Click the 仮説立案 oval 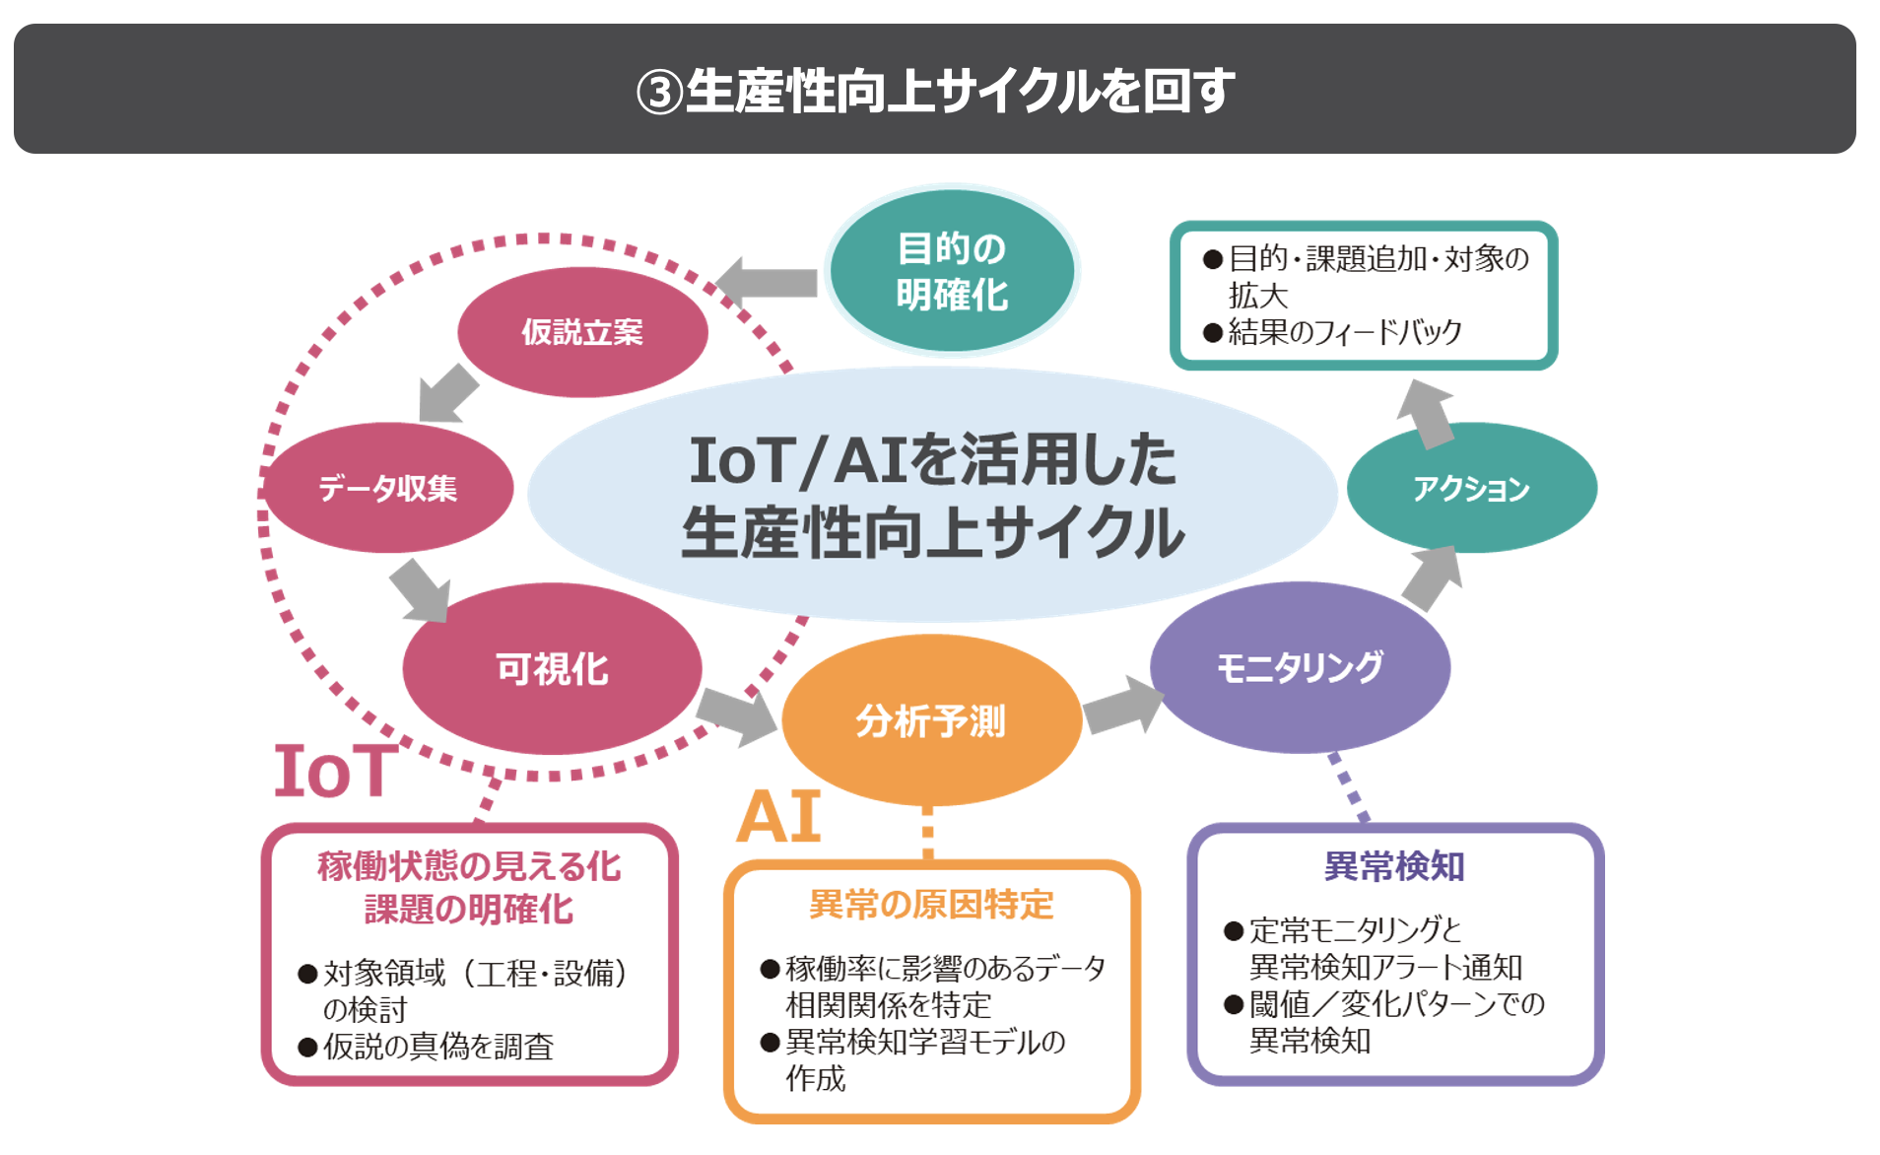click(582, 332)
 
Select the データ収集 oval click(388, 488)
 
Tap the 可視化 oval click(552, 669)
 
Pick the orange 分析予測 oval click(931, 720)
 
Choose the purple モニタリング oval click(1300, 667)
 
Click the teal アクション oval click(1472, 488)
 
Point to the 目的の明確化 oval click(952, 270)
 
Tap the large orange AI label click(778, 816)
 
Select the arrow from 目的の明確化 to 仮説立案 click(767, 283)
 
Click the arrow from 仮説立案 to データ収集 click(448, 393)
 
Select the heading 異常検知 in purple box click(1394, 866)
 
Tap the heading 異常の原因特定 click(931, 904)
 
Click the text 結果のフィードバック click(1345, 332)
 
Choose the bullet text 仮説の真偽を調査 click(438, 1046)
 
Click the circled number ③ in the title click(659, 93)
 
